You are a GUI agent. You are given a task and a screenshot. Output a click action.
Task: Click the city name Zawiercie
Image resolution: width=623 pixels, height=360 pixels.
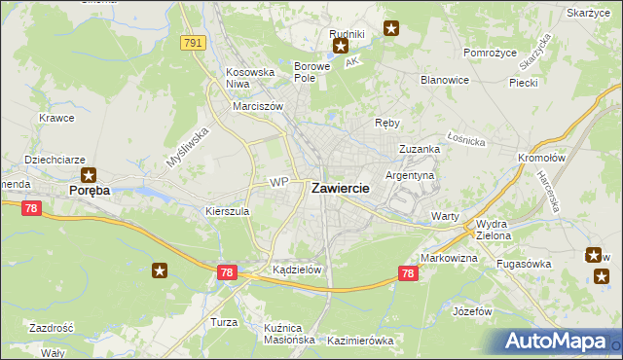(340, 190)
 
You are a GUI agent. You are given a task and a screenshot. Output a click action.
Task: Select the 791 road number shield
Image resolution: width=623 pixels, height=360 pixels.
(192, 43)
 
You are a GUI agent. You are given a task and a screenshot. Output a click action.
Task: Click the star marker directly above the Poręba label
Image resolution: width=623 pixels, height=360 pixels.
(90, 175)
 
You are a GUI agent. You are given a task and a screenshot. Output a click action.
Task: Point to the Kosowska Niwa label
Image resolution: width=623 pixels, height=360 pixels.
(252, 78)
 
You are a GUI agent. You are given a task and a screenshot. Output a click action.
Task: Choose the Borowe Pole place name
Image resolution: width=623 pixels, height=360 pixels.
(313, 72)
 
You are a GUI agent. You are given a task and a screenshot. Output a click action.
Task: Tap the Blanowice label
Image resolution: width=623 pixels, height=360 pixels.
(445, 80)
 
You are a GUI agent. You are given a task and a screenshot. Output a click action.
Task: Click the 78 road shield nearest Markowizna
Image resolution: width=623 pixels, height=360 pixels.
(409, 274)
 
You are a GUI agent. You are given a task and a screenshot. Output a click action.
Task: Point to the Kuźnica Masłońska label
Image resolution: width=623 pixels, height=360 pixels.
(289, 334)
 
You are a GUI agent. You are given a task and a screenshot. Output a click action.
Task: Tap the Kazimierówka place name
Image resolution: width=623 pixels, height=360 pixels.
(359, 341)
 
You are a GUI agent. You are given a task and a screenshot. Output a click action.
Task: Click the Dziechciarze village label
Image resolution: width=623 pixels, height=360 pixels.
(54, 159)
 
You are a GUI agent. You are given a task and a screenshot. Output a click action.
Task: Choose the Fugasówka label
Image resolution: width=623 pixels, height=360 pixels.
(524, 264)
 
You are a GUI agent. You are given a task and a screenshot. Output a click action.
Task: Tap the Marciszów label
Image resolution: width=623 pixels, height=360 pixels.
(257, 106)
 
